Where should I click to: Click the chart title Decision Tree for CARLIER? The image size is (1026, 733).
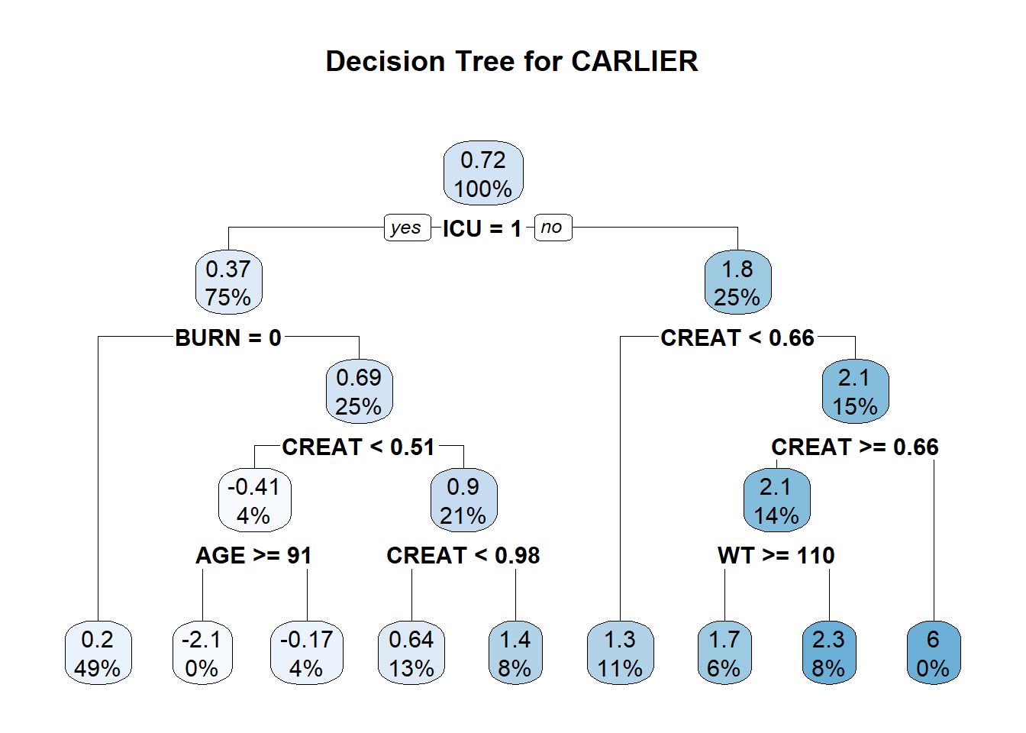pos(511,61)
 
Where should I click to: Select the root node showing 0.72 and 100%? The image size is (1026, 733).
pos(483,173)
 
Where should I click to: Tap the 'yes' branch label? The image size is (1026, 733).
pos(405,228)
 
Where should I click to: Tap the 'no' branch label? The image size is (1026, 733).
pos(552,228)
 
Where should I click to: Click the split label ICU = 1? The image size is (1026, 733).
pos(482,228)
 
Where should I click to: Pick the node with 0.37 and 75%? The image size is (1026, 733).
pos(228,283)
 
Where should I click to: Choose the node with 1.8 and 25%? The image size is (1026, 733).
pos(737,283)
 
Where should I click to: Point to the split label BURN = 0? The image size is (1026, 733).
pos(228,337)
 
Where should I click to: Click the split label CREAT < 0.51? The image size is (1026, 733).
pos(358,447)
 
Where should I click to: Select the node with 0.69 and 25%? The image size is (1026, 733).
pos(359,391)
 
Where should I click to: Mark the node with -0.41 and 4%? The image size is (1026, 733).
pos(254,500)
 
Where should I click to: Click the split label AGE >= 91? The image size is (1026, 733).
pos(253,555)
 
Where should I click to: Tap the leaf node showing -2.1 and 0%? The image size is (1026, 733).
pos(202,653)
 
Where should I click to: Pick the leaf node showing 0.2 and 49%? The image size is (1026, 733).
pos(98,653)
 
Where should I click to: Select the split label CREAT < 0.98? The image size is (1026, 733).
pos(463,555)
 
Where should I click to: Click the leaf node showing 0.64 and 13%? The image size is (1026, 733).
pos(411,653)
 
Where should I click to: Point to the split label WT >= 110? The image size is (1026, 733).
pos(776,555)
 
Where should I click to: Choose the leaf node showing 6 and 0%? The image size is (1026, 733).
pos(933,653)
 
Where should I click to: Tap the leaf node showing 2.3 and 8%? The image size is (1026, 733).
pos(828,653)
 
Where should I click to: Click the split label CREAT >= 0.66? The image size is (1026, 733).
pos(854,447)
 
